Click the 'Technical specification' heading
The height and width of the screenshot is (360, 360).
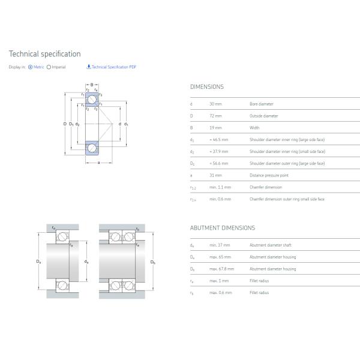point(44,54)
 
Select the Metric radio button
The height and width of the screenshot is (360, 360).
point(30,67)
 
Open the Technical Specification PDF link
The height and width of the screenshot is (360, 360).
point(113,67)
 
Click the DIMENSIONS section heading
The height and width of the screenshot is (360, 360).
point(206,86)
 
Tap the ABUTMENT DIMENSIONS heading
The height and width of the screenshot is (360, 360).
point(222,228)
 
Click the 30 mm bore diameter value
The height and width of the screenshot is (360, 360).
point(215,104)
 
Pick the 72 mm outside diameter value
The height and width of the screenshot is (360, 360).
point(215,116)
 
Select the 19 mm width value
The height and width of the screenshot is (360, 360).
point(215,128)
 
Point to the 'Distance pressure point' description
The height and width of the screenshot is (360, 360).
point(269,175)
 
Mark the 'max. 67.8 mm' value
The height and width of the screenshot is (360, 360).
point(221,269)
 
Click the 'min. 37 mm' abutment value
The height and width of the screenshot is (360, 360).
point(220,245)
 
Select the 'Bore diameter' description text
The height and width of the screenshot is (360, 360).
point(261,104)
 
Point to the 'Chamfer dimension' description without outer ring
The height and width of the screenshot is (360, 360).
point(266,187)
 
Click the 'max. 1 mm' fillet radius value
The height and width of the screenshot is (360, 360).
point(218,281)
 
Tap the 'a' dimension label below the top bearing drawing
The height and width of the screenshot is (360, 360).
point(98,163)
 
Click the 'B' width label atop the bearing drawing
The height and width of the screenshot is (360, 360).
point(92,85)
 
